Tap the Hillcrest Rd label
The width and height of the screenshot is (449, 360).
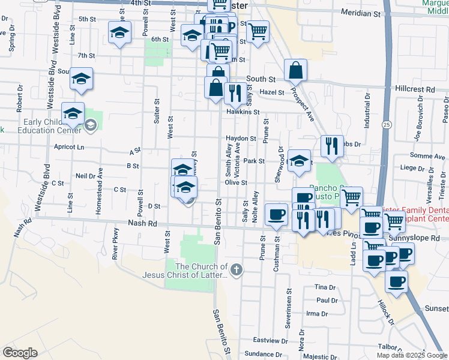pos(415,88)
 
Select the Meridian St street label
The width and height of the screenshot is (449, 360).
pos(361,12)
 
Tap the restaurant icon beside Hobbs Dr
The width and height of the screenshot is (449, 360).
pos(331,145)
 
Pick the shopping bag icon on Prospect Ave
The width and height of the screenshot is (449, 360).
pos(297,71)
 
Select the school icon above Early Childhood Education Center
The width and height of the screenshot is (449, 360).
pos(73,113)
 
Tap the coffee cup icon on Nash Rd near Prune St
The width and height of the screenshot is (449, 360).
pos(277,214)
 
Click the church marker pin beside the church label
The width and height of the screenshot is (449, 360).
pos(237,269)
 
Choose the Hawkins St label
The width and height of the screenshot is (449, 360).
pos(243,112)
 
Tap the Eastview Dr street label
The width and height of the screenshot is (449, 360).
pos(270,340)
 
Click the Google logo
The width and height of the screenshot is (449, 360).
pos(20,353)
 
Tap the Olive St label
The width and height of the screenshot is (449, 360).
pos(236,182)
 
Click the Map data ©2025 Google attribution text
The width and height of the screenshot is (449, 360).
pos(411,355)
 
